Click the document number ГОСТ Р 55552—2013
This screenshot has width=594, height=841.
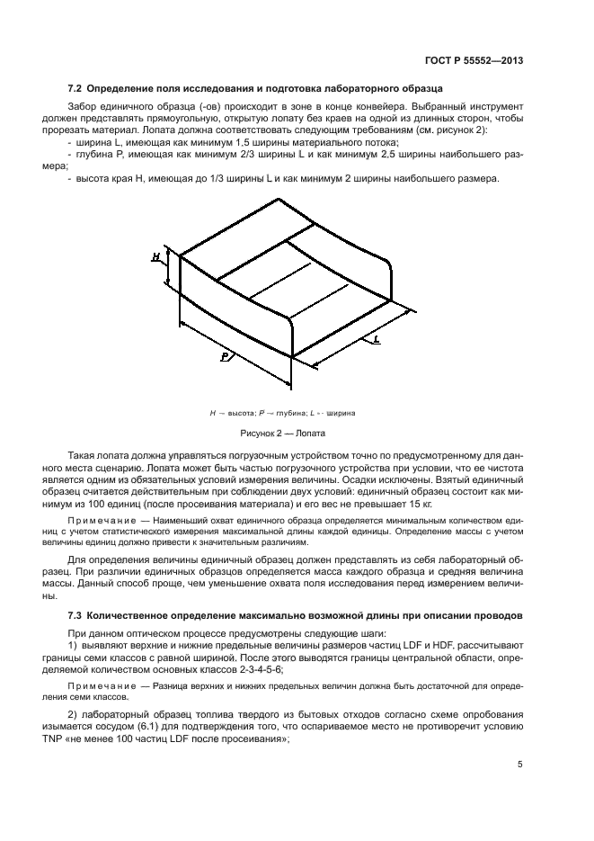click(x=474, y=61)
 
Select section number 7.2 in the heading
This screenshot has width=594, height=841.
click(x=75, y=90)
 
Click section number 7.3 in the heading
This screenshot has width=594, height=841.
click(x=75, y=614)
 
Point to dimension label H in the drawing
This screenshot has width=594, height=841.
click(x=155, y=257)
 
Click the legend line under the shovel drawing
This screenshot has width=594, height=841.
click(x=281, y=413)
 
